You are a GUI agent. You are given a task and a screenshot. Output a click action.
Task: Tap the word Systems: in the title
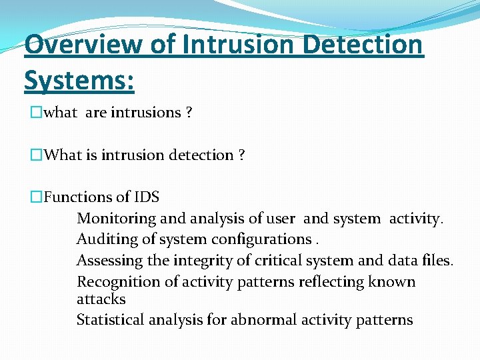point(79,81)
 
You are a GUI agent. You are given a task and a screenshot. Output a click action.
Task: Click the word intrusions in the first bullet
point(145,113)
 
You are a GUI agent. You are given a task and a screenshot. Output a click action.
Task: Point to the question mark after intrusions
point(189,113)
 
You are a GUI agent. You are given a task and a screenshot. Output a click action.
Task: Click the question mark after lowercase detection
point(241,155)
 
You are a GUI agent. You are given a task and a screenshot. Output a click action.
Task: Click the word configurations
point(261,239)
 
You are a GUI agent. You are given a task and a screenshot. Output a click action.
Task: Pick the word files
point(437,261)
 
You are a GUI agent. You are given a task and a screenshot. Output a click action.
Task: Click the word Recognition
point(112,282)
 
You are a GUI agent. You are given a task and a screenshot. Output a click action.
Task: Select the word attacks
point(101,299)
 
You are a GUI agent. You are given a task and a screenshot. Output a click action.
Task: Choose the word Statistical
point(107,320)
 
